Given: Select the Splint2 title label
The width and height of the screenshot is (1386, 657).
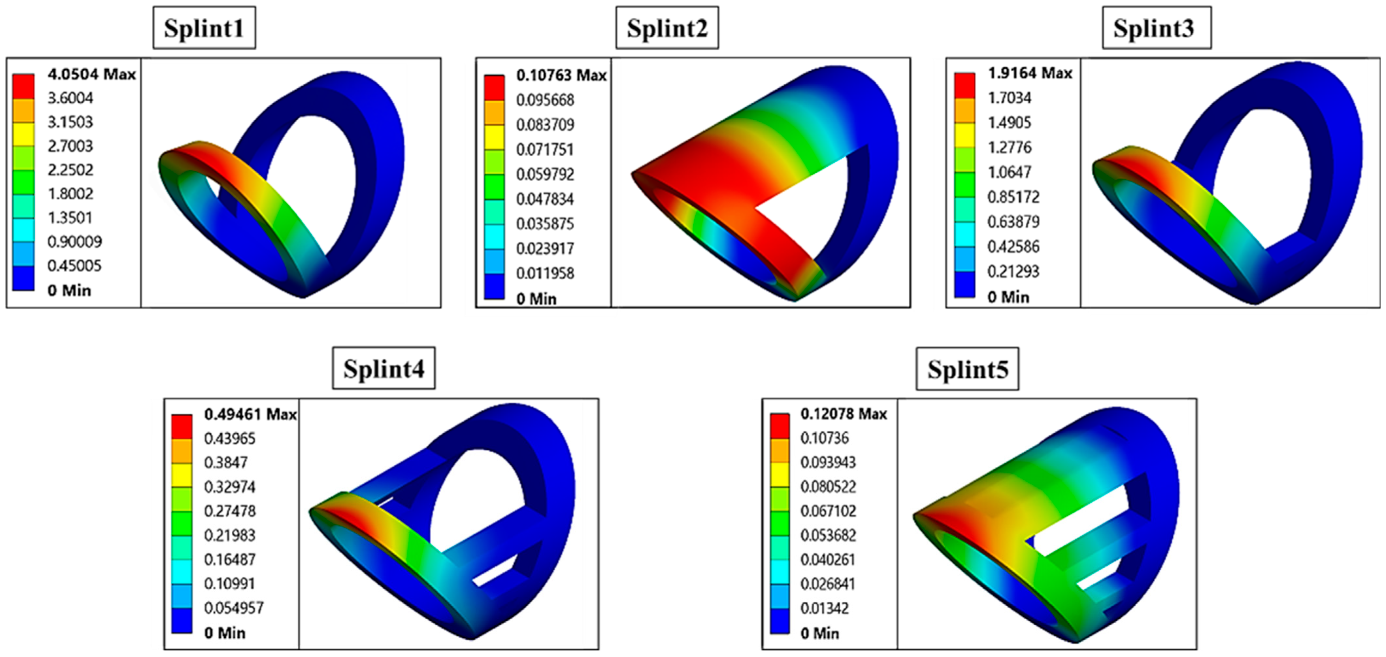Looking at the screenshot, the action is click(x=667, y=28).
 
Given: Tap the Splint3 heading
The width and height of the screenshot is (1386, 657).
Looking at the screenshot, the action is click(x=1157, y=28).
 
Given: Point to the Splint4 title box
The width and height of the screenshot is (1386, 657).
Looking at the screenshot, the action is click(x=384, y=368).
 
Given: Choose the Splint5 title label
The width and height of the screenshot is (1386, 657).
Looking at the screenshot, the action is click(x=967, y=369).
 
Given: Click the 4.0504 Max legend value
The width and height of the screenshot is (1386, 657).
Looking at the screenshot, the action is click(x=91, y=74).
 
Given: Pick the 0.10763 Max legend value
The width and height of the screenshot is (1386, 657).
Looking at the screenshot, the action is click(x=561, y=76).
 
